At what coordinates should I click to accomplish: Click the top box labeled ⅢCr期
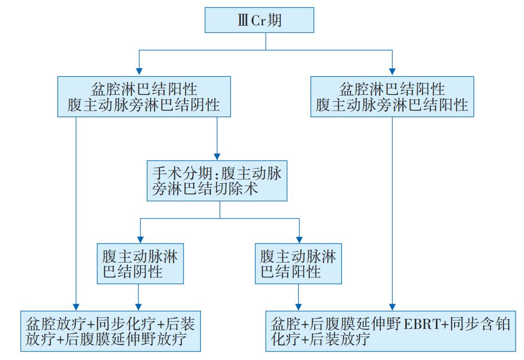coord(259,21)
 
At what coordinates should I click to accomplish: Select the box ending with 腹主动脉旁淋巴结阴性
coord(144,96)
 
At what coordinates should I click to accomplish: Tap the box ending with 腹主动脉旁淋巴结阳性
coord(392,96)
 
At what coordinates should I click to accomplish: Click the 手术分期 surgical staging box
coord(217,181)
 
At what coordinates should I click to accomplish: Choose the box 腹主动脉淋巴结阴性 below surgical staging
coord(140,264)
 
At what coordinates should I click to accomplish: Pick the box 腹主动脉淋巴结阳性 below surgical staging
coord(298,264)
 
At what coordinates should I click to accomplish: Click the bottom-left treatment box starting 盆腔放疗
coord(110,331)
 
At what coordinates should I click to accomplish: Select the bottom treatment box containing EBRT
coord(390,331)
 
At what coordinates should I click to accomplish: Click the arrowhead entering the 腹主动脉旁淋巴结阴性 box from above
coord(138,71)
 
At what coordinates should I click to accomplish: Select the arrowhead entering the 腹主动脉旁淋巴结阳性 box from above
coord(392,71)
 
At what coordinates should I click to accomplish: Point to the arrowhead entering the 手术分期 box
coord(217,156)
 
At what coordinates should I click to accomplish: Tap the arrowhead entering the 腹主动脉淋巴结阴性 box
coord(140,238)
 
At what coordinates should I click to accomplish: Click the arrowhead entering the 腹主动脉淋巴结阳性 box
coord(299,238)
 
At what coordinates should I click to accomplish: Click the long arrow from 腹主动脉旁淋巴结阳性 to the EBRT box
coord(392,211)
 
